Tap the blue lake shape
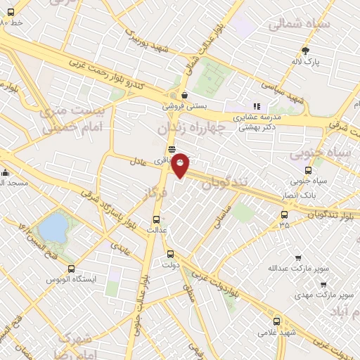click(53, 227)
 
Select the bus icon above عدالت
click(156, 218)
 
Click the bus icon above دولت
click(170, 254)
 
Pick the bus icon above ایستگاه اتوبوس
click(71, 269)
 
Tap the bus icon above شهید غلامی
click(277, 320)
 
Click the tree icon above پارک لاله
click(305, 50)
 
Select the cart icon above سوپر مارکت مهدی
click(323, 285)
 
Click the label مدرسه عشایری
click(257, 117)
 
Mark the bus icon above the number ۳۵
click(284, 214)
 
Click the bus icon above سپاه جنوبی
click(309, 170)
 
